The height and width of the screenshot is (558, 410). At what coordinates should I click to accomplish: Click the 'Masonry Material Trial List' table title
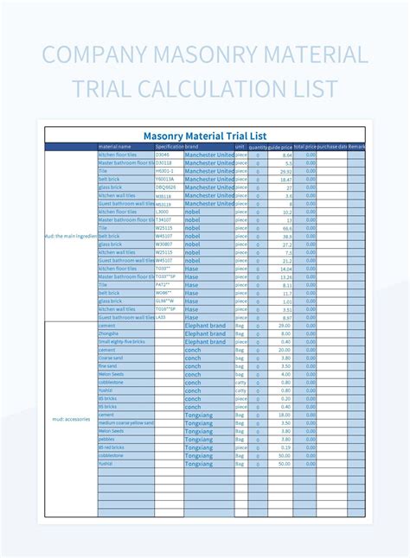(205, 135)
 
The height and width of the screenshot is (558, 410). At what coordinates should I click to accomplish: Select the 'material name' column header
(115, 146)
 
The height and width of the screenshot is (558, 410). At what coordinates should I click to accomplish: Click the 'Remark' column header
(357, 146)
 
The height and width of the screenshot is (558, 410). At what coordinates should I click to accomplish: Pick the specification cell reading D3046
(163, 155)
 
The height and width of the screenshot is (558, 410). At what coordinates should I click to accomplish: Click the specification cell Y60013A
(165, 179)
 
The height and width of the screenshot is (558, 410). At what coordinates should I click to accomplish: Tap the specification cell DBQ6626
(166, 187)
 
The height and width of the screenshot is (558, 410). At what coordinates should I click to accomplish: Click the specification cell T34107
(163, 219)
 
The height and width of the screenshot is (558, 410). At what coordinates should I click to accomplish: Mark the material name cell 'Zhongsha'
(109, 333)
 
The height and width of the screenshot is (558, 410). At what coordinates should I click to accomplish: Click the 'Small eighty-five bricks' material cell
(122, 341)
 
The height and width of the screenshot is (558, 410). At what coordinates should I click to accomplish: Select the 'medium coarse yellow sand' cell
(125, 422)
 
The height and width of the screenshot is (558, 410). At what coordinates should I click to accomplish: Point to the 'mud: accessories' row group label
(70, 419)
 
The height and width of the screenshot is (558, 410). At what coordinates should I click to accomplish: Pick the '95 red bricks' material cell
(112, 447)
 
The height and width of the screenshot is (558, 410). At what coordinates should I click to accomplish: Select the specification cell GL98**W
(165, 301)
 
